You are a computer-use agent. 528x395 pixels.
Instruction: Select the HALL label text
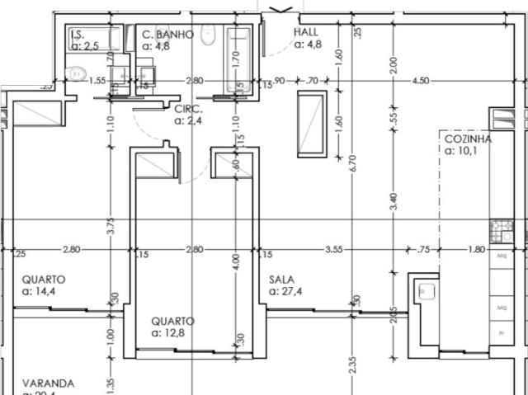(x=307, y=33)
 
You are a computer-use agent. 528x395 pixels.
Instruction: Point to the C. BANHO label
(x=167, y=35)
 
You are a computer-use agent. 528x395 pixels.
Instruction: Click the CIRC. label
(x=188, y=108)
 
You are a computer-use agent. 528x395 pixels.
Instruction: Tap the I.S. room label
(x=78, y=35)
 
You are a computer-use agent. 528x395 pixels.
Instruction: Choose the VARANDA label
(x=48, y=383)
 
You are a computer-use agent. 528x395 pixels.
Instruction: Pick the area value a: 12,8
(x=173, y=333)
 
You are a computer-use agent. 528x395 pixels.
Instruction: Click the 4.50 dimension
(x=420, y=81)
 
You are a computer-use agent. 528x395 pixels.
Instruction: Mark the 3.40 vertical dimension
(x=394, y=201)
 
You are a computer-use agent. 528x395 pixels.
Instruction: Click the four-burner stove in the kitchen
(x=502, y=230)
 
